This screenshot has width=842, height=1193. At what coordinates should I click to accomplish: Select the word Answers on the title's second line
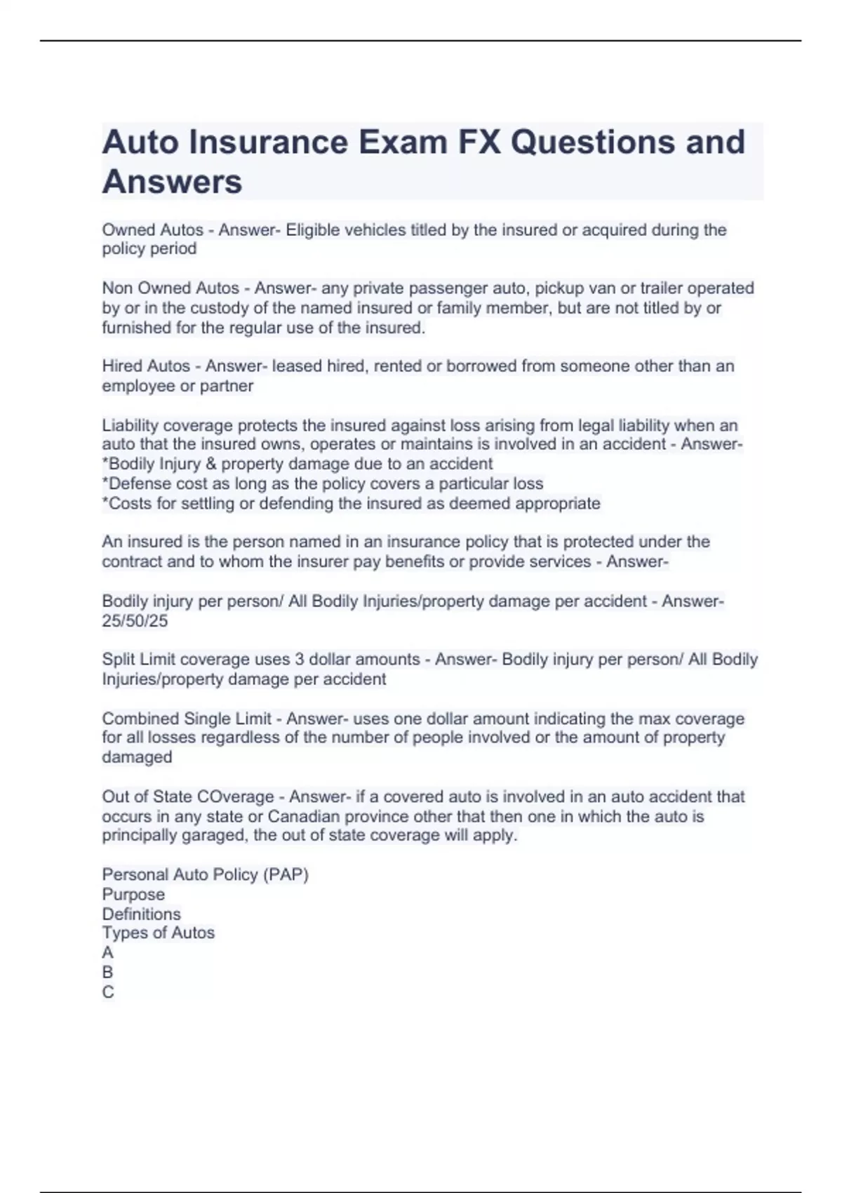[172, 182]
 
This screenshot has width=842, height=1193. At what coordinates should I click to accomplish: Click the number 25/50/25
[135, 621]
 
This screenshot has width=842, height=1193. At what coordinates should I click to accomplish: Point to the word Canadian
[306, 817]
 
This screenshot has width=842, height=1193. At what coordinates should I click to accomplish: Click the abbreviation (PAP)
[286, 875]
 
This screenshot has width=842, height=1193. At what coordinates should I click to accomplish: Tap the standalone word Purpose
[133, 895]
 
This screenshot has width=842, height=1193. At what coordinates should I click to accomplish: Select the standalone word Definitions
[141, 914]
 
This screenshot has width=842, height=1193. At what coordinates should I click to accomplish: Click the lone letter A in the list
[107, 953]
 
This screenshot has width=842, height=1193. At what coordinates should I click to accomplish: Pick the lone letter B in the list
[107, 973]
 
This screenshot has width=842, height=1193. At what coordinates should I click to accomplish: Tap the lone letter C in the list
[107, 992]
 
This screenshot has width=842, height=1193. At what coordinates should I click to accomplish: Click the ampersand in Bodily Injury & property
[211, 465]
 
